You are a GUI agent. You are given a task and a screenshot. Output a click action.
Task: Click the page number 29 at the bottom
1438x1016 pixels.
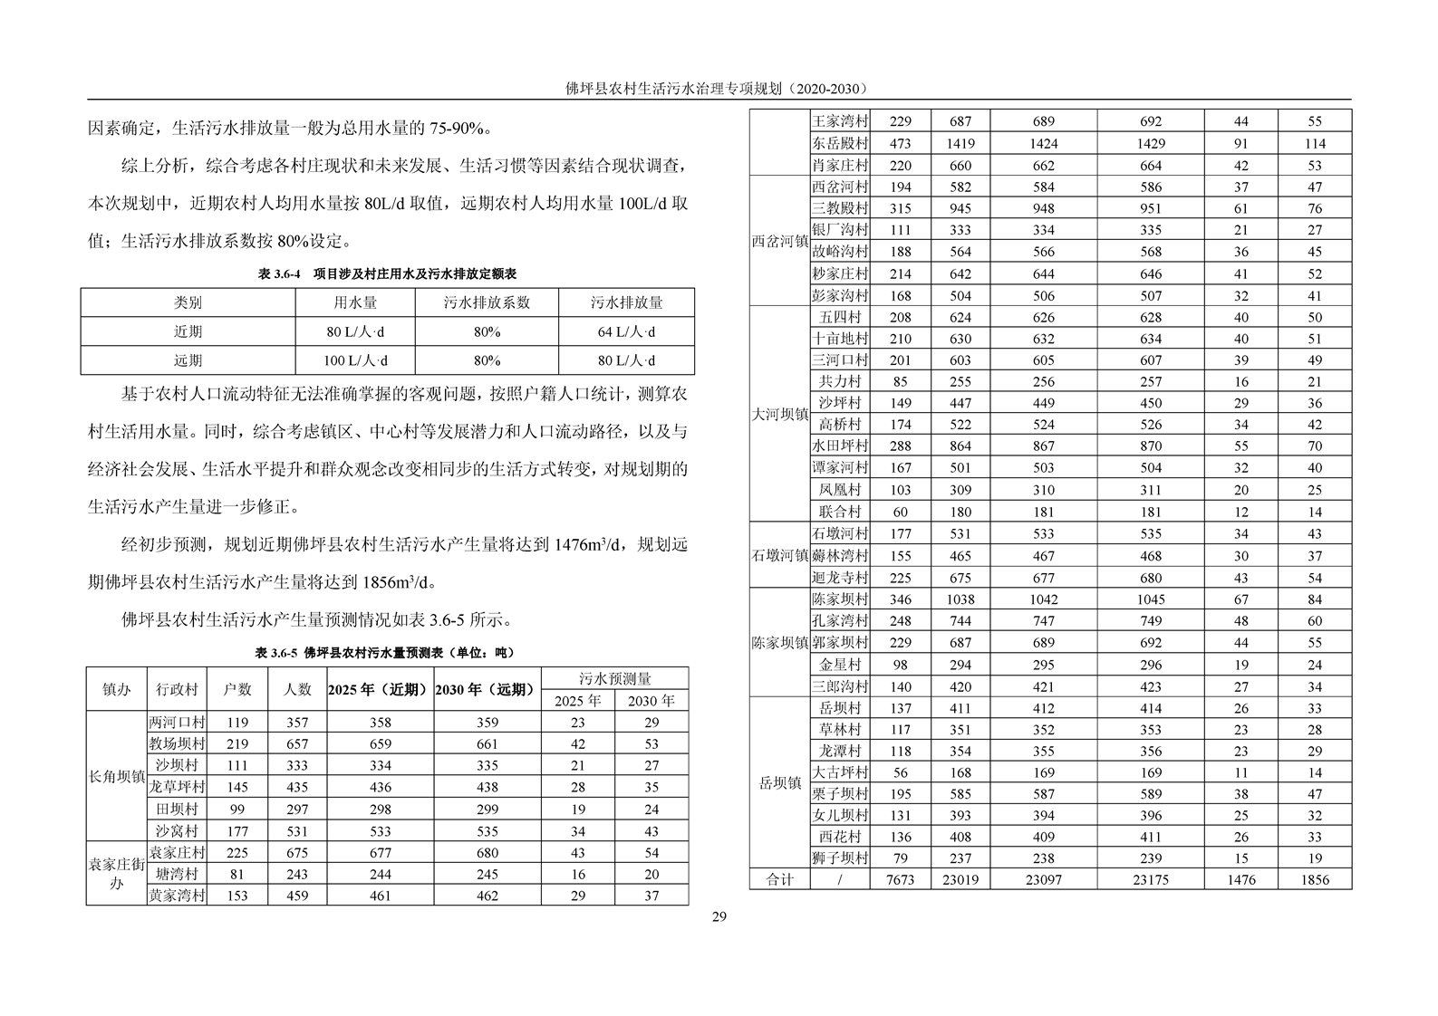click(x=719, y=916)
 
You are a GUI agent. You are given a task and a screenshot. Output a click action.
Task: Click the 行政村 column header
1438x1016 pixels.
click(x=177, y=689)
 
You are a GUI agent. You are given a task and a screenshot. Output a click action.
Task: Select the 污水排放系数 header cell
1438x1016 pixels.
click(x=487, y=302)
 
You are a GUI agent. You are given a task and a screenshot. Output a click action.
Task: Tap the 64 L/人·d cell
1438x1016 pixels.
click(x=626, y=331)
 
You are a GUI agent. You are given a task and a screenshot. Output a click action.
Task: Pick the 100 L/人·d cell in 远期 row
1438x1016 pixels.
click(x=355, y=360)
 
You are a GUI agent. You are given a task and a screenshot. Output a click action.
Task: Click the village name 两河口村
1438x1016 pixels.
click(x=177, y=723)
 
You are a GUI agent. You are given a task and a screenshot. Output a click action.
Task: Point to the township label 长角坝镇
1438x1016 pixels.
click(x=117, y=776)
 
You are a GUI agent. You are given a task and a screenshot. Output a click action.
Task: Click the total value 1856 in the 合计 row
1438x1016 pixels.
click(x=1315, y=879)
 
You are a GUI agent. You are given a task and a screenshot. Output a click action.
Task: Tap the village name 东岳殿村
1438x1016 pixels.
click(x=840, y=143)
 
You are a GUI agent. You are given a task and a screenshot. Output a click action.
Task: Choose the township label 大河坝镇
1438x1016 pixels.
click(x=780, y=414)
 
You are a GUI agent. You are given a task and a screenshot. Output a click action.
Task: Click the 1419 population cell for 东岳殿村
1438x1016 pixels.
click(x=960, y=143)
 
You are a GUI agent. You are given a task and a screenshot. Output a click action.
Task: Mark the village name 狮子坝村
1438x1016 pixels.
click(x=840, y=858)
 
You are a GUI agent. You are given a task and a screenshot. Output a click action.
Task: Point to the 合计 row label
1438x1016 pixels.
click(x=780, y=879)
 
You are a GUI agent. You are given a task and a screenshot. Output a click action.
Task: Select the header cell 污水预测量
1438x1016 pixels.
click(x=614, y=678)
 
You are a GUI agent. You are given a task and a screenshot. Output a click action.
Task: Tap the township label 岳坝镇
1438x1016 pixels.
click(x=780, y=782)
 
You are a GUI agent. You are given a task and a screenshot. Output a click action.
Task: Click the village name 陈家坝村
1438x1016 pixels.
click(x=840, y=599)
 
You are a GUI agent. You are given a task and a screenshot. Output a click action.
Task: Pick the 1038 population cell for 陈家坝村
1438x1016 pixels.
click(x=960, y=599)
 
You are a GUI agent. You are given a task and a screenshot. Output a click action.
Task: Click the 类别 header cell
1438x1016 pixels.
click(x=188, y=302)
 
